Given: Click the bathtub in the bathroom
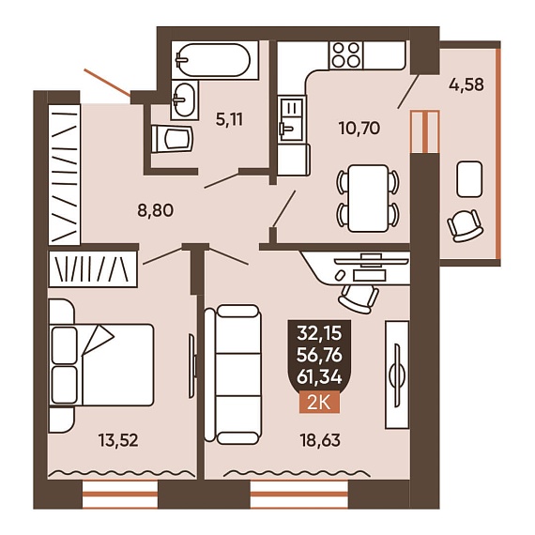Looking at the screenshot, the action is [215, 60].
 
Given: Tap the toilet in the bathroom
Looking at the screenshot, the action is [173, 138].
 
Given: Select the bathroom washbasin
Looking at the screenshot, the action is [185, 100].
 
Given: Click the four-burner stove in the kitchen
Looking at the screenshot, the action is [346, 55].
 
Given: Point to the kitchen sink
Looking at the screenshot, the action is [290, 119].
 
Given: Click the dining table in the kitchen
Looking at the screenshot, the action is [368, 198].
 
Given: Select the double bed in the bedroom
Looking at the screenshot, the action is [101, 365].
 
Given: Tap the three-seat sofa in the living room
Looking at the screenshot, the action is [233, 375].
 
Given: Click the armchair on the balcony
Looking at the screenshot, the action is [465, 225].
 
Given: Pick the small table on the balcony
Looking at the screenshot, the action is [469, 179].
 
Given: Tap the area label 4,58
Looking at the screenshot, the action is [466, 84].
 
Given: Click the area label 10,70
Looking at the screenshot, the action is [359, 129].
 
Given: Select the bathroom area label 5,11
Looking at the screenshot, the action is [229, 120].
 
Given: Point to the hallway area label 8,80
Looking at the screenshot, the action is [156, 210].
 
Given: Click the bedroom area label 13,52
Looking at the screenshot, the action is [118, 440].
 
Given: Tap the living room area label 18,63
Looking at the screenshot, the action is [320, 440].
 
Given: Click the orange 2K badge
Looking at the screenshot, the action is [319, 403].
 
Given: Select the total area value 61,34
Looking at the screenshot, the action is [319, 377].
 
